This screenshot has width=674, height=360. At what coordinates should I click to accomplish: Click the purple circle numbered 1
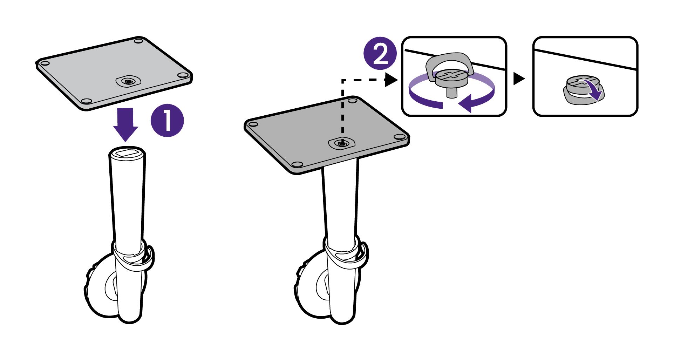point(167,120)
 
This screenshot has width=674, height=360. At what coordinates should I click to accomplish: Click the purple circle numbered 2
point(380,54)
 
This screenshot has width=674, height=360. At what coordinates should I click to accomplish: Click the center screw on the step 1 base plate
point(128,81)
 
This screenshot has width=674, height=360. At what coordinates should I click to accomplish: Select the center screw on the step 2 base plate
point(342,143)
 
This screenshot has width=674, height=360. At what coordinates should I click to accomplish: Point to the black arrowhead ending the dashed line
point(391,80)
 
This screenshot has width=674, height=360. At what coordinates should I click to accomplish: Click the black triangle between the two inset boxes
point(518,79)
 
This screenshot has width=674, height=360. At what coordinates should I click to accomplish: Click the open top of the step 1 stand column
point(127,152)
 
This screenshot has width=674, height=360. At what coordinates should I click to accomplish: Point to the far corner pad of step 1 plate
point(139,41)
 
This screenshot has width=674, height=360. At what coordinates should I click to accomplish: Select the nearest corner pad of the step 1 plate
point(86,101)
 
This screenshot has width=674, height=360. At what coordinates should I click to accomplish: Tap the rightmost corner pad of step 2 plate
point(400,137)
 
